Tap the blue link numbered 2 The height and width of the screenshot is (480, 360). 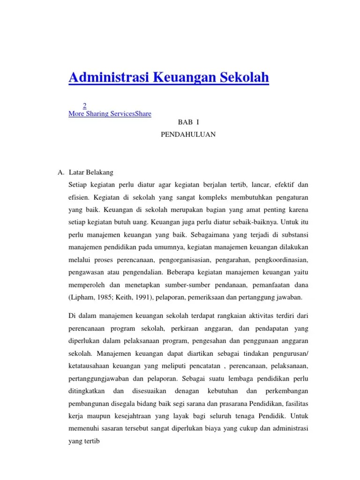[84, 105]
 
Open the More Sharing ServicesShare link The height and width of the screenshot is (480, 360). [110, 113]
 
